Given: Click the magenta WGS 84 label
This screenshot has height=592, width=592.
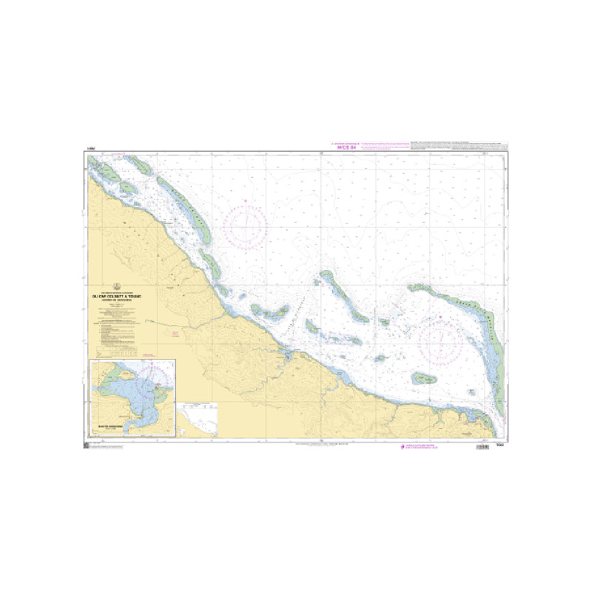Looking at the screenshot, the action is (x=345, y=147).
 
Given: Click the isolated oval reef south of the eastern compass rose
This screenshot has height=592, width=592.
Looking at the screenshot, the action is (x=425, y=378).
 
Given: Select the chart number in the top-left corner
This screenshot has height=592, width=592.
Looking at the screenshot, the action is (x=90, y=151).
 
